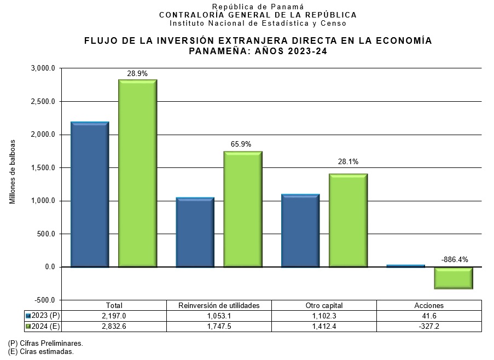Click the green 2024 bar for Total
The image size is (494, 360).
tap(138, 173)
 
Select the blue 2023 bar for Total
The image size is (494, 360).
tap(90, 194)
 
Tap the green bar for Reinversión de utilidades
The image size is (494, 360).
tap(243, 209)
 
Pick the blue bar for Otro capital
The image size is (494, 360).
tap(300, 230)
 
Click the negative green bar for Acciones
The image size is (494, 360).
tap(454, 278)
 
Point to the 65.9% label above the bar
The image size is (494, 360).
tap(241, 144)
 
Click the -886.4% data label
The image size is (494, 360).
tap(455, 260)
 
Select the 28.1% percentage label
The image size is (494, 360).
tap(348, 162)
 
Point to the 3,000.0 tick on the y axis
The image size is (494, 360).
tap(43, 68)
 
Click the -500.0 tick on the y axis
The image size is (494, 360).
tap(44, 300)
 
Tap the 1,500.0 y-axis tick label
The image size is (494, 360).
tap(43, 168)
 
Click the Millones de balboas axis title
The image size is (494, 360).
tap(13, 172)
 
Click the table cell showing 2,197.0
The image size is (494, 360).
tap(114, 316)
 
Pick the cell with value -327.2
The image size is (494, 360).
tap(429, 327)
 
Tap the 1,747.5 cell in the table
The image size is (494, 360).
tap(219, 327)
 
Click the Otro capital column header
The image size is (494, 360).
tap(324, 306)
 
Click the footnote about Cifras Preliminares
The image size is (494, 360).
tap(45, 344)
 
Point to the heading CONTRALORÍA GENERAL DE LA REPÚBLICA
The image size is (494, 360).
tap(258, 15)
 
